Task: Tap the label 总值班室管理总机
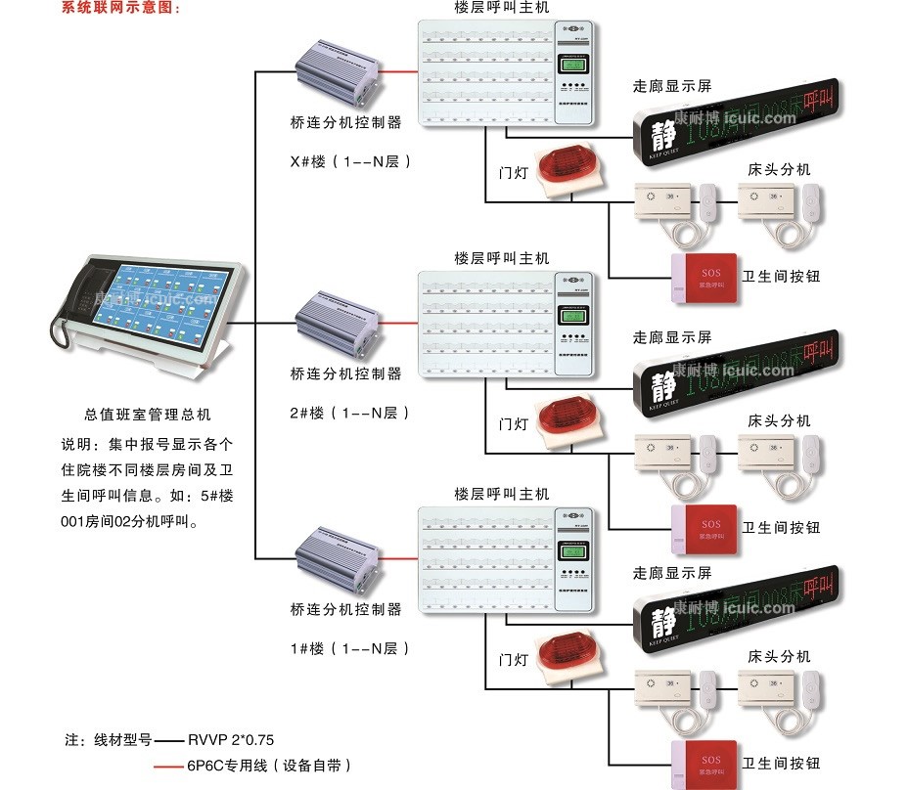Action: (148, 415)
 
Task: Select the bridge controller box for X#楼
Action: (338, 73)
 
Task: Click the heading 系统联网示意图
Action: (121, 8)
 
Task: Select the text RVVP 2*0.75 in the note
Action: (224, 740)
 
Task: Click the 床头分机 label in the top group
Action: (779, 170)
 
